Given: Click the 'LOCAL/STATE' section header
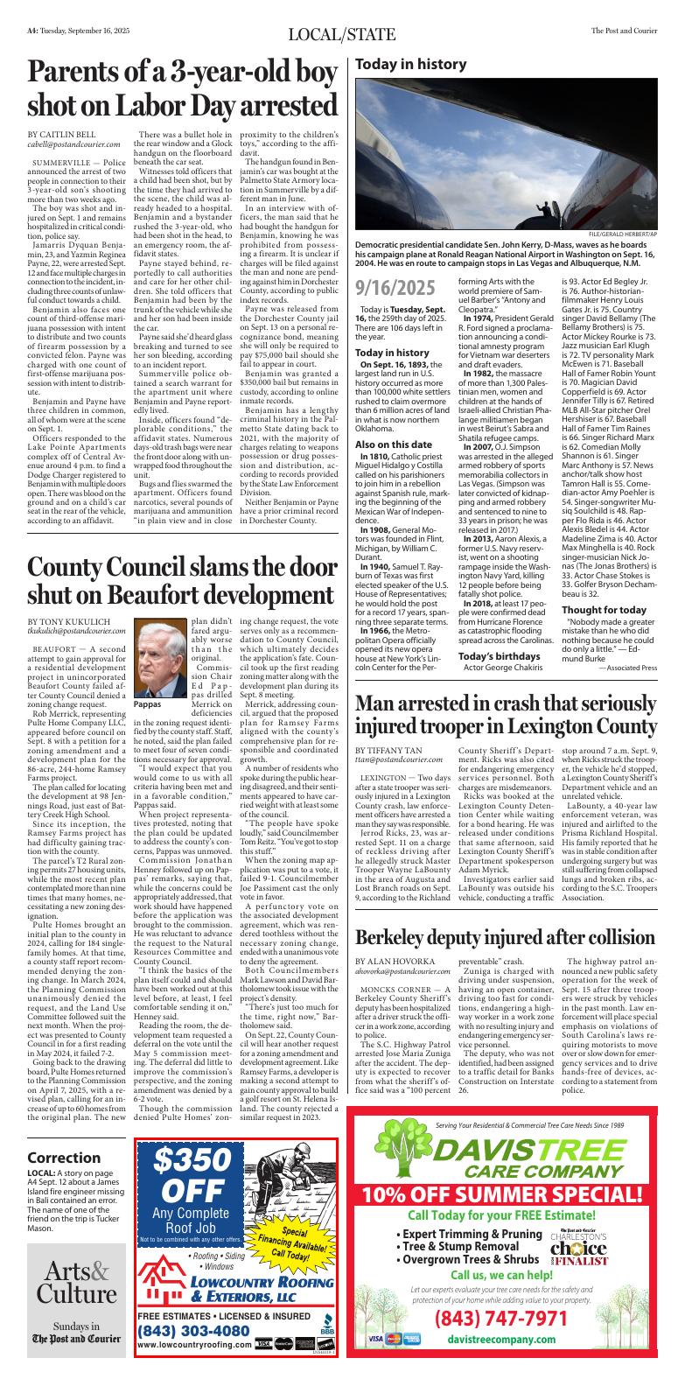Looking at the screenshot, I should point(342,34).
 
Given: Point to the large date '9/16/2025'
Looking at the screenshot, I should point(395,288).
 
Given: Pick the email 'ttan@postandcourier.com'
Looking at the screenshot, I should point(402,737).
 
